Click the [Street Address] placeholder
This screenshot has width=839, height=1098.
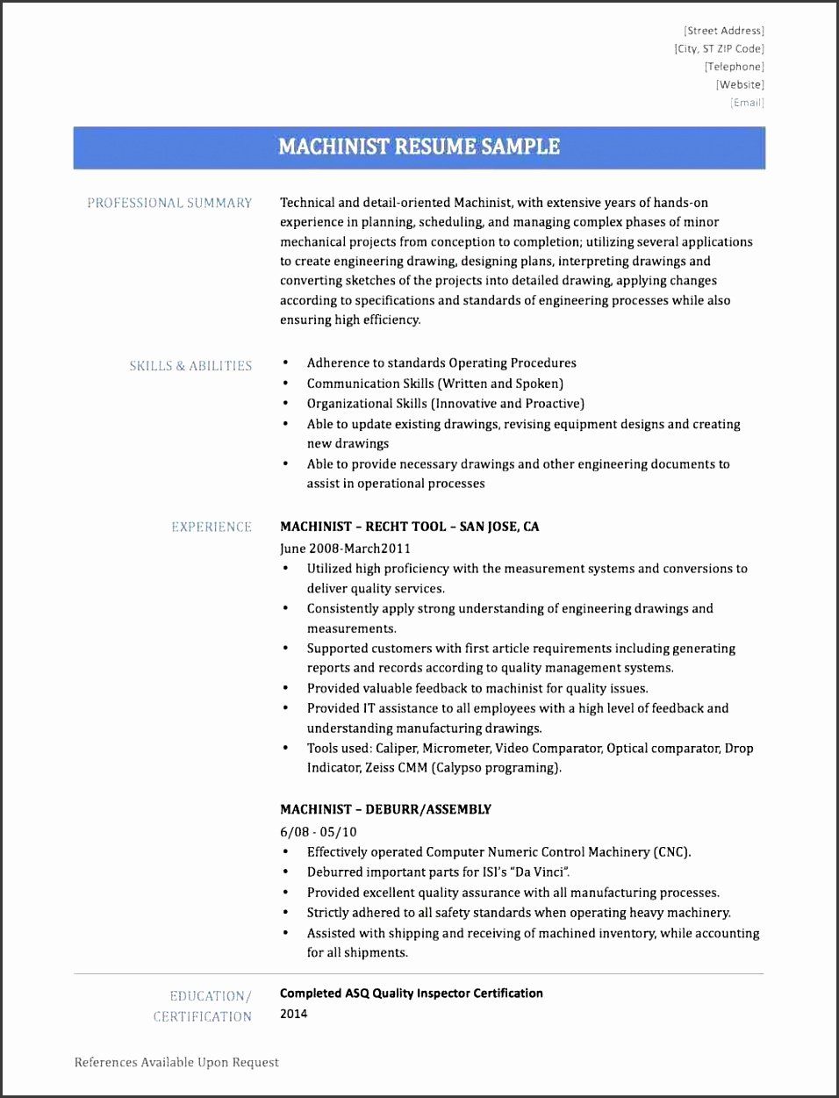coord(723,31)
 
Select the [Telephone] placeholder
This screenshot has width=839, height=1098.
coord(733,67)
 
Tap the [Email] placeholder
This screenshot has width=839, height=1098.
coord(747,103)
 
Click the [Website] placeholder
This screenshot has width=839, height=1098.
coord(740,85)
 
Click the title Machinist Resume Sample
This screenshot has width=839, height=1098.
coord(419,147)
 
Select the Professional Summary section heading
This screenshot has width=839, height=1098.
coord(169,203)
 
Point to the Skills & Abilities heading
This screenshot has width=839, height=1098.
coord(190,366)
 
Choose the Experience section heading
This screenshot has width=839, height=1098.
coord(212,527)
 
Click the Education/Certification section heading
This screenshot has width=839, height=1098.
coord(203,1006)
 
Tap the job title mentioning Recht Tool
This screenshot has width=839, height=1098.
coord(409,527)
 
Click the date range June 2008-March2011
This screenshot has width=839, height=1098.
coord(345,549)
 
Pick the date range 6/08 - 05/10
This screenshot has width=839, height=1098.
coord(318,831)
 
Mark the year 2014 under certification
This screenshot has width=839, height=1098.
coord(294,1014)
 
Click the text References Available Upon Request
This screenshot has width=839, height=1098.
coord(176,1062)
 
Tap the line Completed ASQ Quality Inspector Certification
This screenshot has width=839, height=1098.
coord(411,994)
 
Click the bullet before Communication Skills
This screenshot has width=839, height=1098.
coord(285,384)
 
